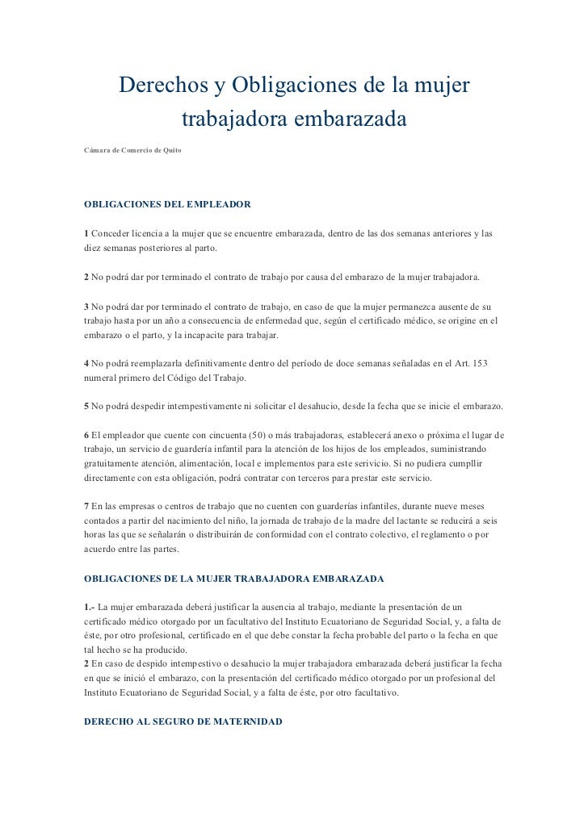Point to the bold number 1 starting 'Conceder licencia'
point(86,233)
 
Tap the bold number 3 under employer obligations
point(86,307)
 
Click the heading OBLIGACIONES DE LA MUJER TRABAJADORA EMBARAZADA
point(234,579)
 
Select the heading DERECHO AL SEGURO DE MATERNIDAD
point(183,721)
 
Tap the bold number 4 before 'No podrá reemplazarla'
point(86,364)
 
